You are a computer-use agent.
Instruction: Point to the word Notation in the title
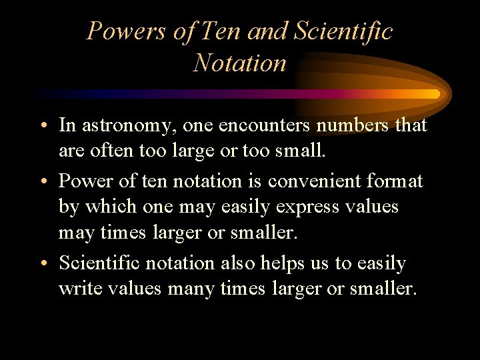point(240,63)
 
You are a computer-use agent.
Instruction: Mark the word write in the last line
point(79,290)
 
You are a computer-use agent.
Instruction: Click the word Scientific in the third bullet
point(100,263)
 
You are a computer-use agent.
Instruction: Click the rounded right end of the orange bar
point(436,94)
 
